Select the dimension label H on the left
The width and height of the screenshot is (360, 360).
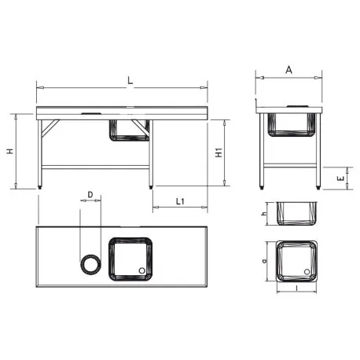tap(9, 151)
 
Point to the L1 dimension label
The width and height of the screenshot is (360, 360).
tap(179, 202)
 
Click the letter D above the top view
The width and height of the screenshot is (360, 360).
tap(90, 193)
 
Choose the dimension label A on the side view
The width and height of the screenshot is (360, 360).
tap(289, 71)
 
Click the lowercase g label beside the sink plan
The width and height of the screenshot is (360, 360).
tap(265, 260)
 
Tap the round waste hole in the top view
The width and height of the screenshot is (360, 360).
tap(91, 263)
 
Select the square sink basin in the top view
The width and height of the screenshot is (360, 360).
tap(130, 259)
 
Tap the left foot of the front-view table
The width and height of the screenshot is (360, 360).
tap(41, 186)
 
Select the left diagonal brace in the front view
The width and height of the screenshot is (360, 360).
tap(51, 127)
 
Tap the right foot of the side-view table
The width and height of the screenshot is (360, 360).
tap(318, 187)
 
